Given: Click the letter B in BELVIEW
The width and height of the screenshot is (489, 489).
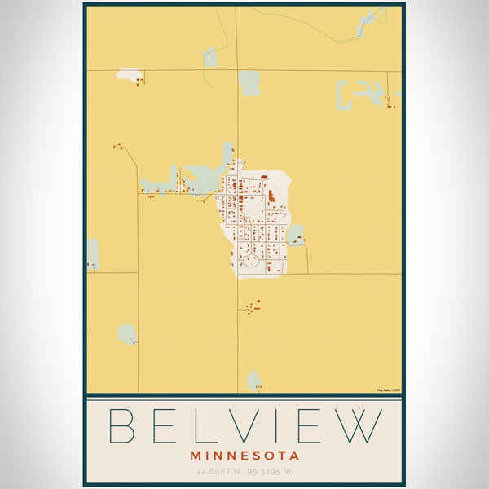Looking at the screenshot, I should pyautogui.click(x=125, y=425).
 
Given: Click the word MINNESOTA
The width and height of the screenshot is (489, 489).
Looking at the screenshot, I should pyautogui.click(x=244, y=456).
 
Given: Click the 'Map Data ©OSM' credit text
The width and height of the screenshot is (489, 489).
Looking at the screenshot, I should pyautogui.click(x=388, y=390).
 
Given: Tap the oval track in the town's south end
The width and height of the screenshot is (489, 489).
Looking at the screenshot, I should pyautogui.click(x=252, y=262).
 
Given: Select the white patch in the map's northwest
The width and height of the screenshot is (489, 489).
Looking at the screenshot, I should pyautogui.click(x=128, y=74).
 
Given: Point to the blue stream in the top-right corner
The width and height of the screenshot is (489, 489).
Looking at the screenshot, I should pyautogui.click(x=371, y=20).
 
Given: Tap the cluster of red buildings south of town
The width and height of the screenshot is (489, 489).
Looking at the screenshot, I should pyautogui.click(x=251, y=307).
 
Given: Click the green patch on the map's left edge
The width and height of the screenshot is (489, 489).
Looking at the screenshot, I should pyautogui.click(x=93, y=253).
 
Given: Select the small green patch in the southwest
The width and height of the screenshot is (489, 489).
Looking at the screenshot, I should pyautogui.click(x=127, y=333).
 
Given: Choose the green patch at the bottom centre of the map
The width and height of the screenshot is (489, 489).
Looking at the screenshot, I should pyautogui.click(x=253, y=381).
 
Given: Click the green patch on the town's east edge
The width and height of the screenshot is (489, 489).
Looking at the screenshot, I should pyautogui.click(x=295, y=236).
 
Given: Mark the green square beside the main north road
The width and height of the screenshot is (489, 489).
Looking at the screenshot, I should pyautogui.click(x=249, y=82).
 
